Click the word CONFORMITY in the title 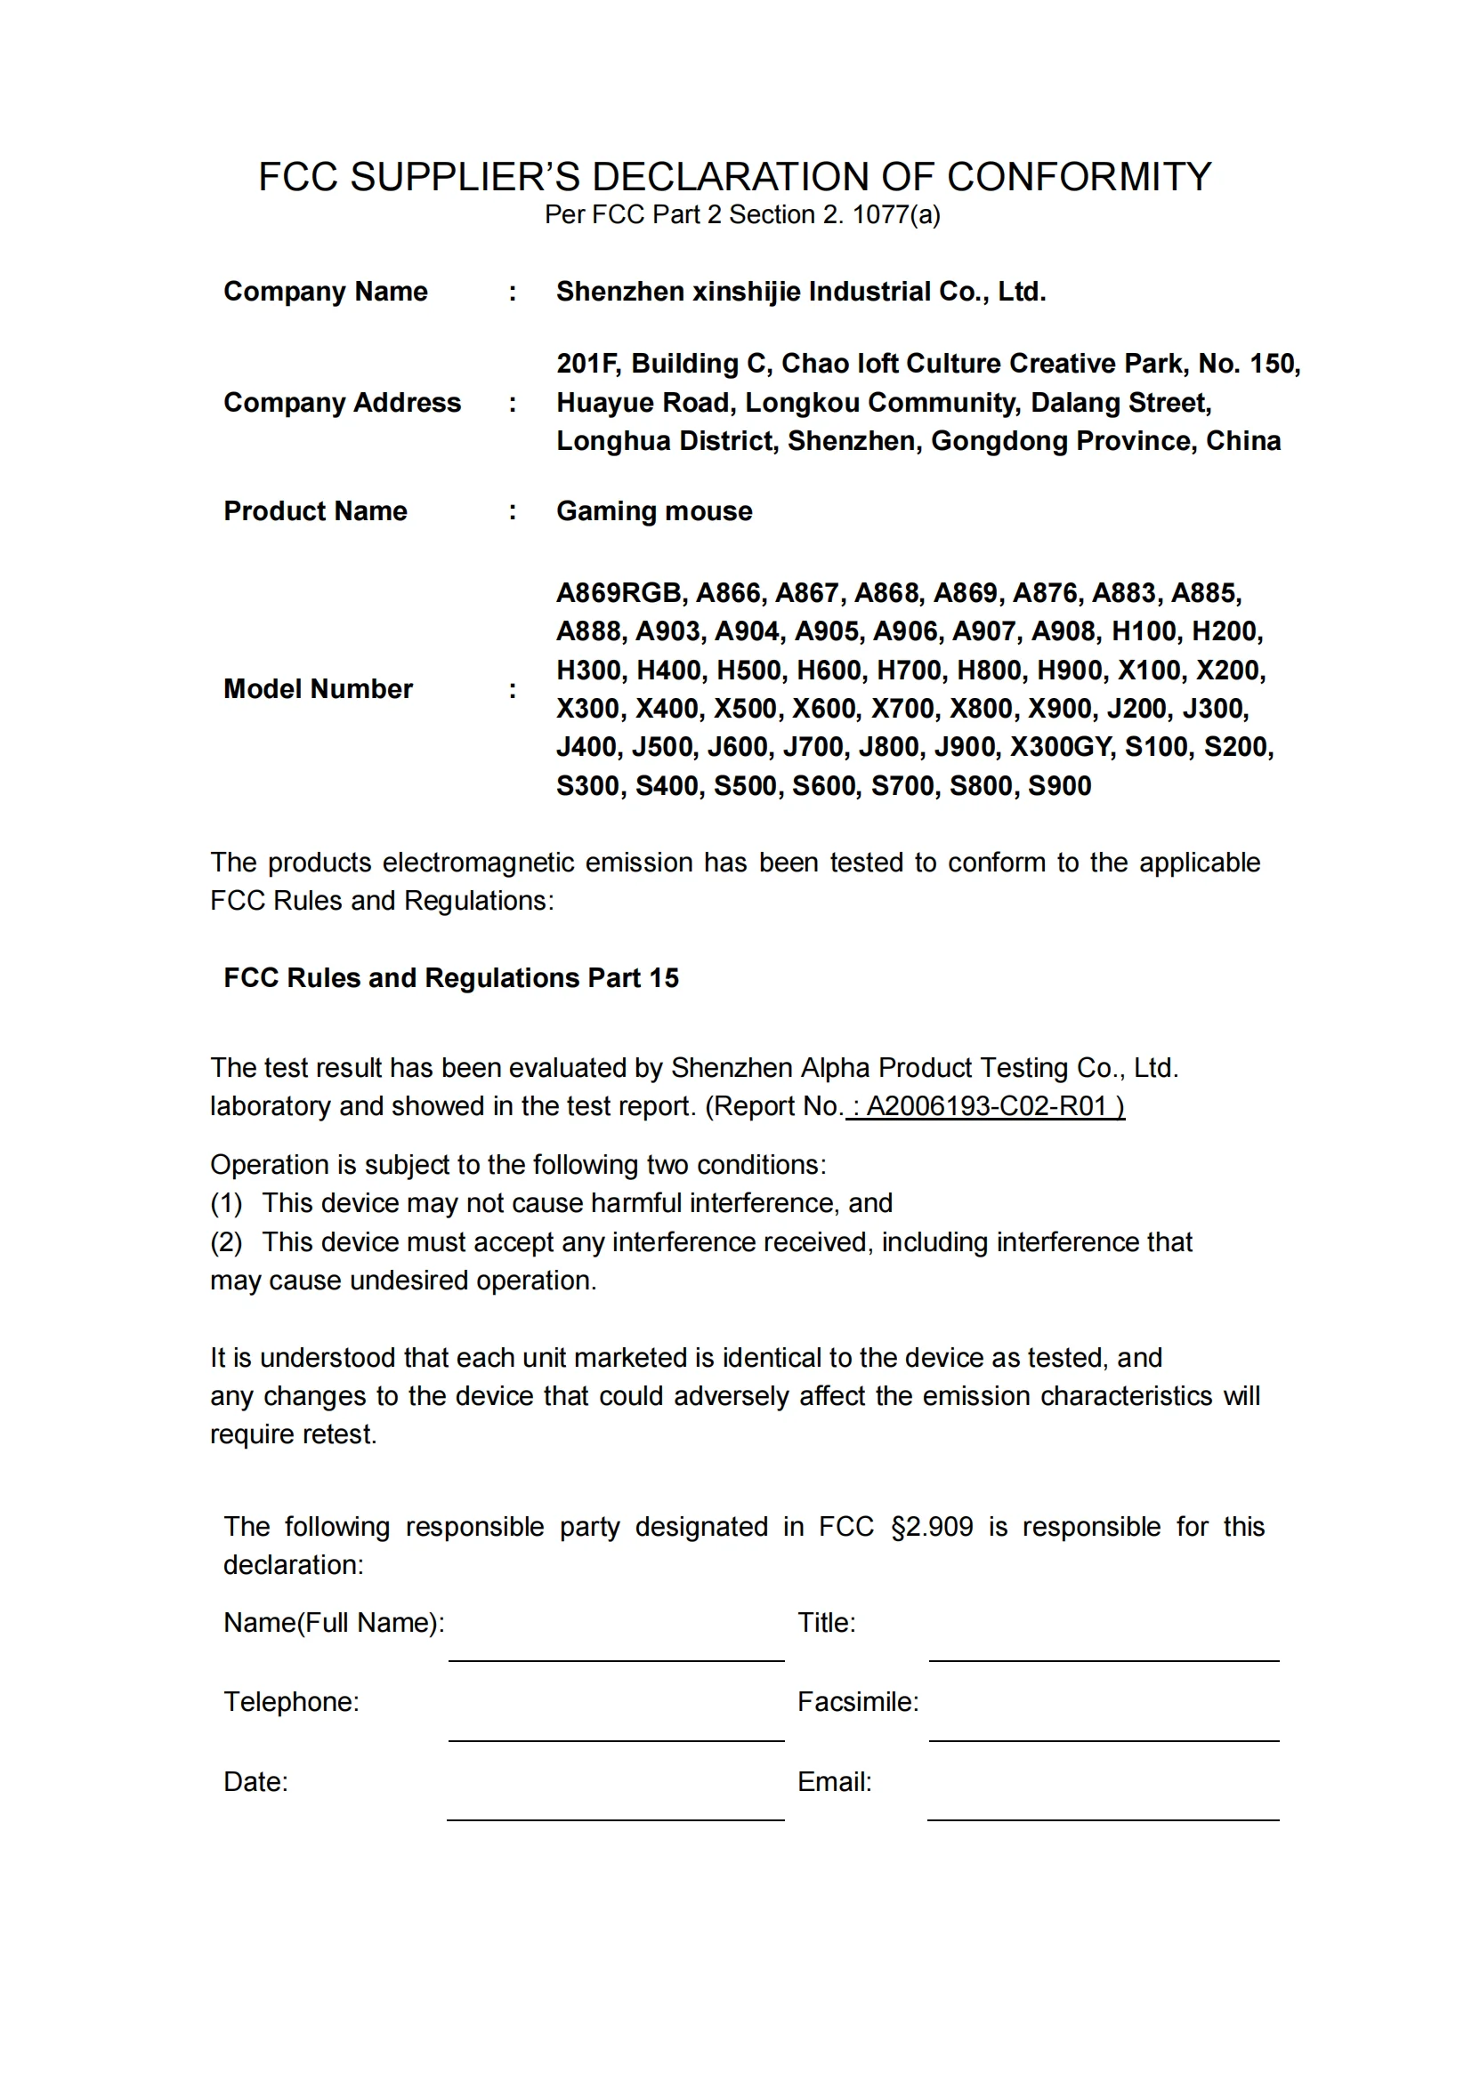(1079, 177)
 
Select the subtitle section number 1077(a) (895, 214)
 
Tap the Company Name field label (326, 292)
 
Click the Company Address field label (342, 402)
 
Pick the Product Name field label (315, 511)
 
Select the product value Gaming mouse (653, 511)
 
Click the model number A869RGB (619, 592)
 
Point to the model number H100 (1144, 631)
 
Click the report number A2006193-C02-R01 (986, 1106)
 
